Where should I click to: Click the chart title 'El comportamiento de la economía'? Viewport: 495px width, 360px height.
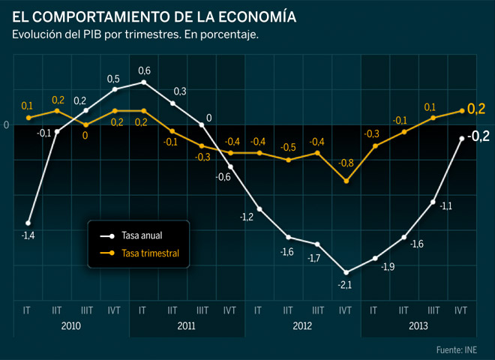click(154, 16)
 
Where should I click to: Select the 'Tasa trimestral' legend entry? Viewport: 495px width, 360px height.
click(150, 253)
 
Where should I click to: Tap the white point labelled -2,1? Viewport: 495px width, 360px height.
click(346, 272)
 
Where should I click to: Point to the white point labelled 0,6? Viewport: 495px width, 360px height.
click(143, 82)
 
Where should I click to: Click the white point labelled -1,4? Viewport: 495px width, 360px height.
click(28, 223)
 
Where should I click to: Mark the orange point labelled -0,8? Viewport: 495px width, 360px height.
click(346, 181)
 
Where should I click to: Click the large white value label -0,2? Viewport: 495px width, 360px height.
click(478, 136)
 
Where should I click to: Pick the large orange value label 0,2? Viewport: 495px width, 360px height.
click(476, 109)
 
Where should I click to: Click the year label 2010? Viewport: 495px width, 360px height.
click(71, 326)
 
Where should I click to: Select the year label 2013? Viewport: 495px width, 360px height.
click(418, 326)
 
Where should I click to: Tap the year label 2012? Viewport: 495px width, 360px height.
click(303, 326)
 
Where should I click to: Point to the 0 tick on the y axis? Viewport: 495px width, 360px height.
click(6, 124)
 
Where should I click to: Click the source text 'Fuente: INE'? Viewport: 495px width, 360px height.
click(456, 349)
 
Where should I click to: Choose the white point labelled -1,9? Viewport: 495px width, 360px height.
click(375, 258)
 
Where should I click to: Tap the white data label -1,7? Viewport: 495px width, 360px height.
click(315, 258)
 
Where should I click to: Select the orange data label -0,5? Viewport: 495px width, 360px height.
click(288, 147)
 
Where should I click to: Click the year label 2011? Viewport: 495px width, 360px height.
click(187, 326)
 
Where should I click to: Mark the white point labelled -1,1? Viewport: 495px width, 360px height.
click(433, 202)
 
